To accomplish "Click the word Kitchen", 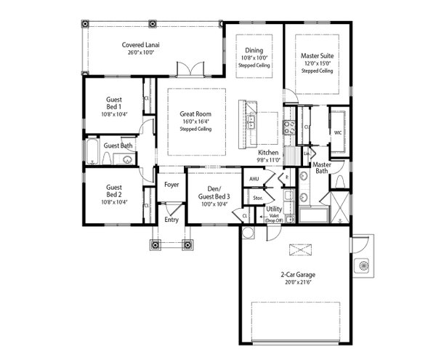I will pyautogui.click(x=268, y=153).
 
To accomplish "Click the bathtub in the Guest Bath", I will pyautogui.click(x=93, y=153).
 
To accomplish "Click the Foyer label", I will pyautogui.click(x=171, y=185).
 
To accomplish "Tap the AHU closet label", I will pyautogui.click(x=254, y=179).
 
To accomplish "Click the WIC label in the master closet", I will pyautogui.click(x=337, y=133).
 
